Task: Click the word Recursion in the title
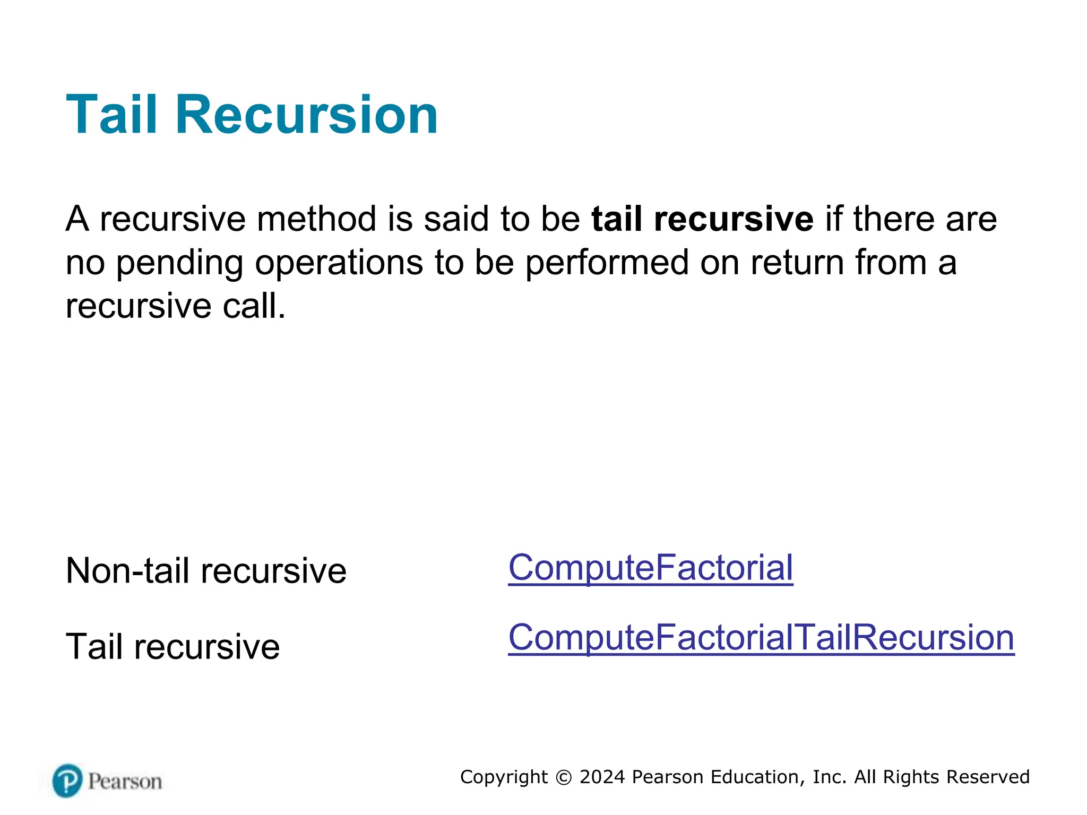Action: click(x=306, y=115)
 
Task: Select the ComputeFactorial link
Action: click(x=650, y=568)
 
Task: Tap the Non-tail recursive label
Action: click(x=206, y=571)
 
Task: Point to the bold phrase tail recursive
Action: click(x=702, y=219)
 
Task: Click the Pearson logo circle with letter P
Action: click(x=68, y=781)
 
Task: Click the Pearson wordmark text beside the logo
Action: click(x=125, y=782)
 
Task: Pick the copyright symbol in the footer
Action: click(x=564, y=777)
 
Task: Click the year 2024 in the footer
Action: click(x=602, y=777)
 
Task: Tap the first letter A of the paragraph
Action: click(x=77, y=219)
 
